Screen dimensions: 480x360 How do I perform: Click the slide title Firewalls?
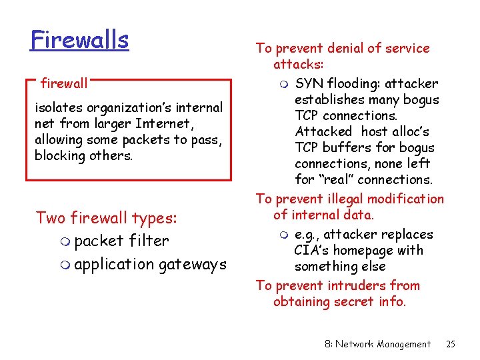(79, 40)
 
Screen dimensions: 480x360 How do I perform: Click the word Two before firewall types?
(51, 218)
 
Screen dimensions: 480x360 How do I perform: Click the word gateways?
(193, 265)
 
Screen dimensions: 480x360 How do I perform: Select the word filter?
(149, 241)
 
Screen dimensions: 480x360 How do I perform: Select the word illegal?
(350, 199)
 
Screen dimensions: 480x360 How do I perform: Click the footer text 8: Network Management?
(378, 344)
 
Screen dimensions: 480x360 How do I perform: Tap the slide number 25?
(451, 344)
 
